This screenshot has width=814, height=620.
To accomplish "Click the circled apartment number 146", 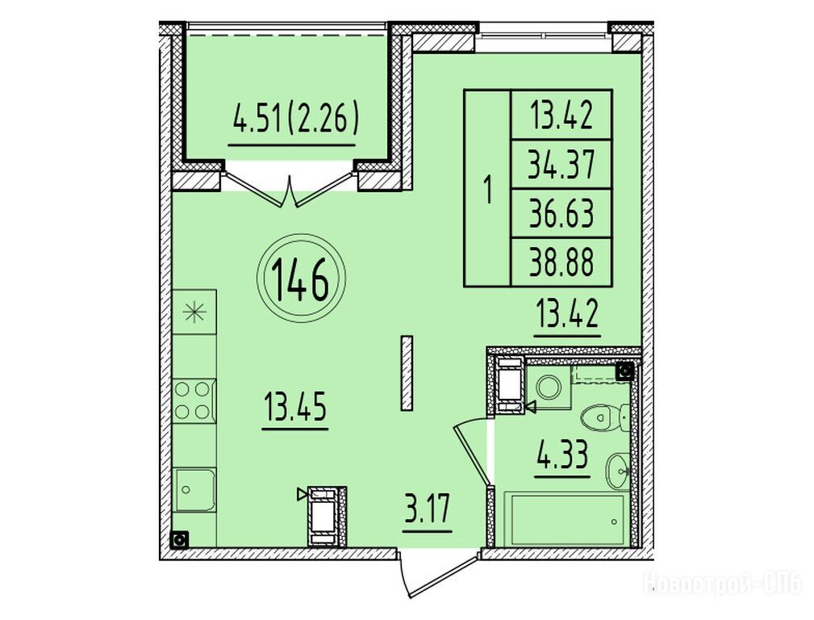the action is (x=301, y=279).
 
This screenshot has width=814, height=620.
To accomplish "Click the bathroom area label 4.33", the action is (x=563, y=454).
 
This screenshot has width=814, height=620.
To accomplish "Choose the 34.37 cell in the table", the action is (x=561, y=164).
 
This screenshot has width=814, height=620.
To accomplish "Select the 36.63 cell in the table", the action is (x=561, y=213).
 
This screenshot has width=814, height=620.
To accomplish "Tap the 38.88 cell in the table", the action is (x=561, y=262).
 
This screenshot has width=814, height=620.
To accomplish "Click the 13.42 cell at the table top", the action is (x=561, y=115).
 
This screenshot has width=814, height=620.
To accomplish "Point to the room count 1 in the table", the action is (x=487, y=189).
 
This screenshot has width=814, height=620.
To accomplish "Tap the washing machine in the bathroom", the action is (x=549, y=387).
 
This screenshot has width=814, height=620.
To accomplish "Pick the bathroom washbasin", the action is (x=618, y=470).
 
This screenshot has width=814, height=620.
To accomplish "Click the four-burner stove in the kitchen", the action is (x=193, y=400).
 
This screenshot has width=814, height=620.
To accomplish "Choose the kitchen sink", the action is (x=194, y=490).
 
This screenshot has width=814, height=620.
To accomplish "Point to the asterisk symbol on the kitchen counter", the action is (x=194, y=312).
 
